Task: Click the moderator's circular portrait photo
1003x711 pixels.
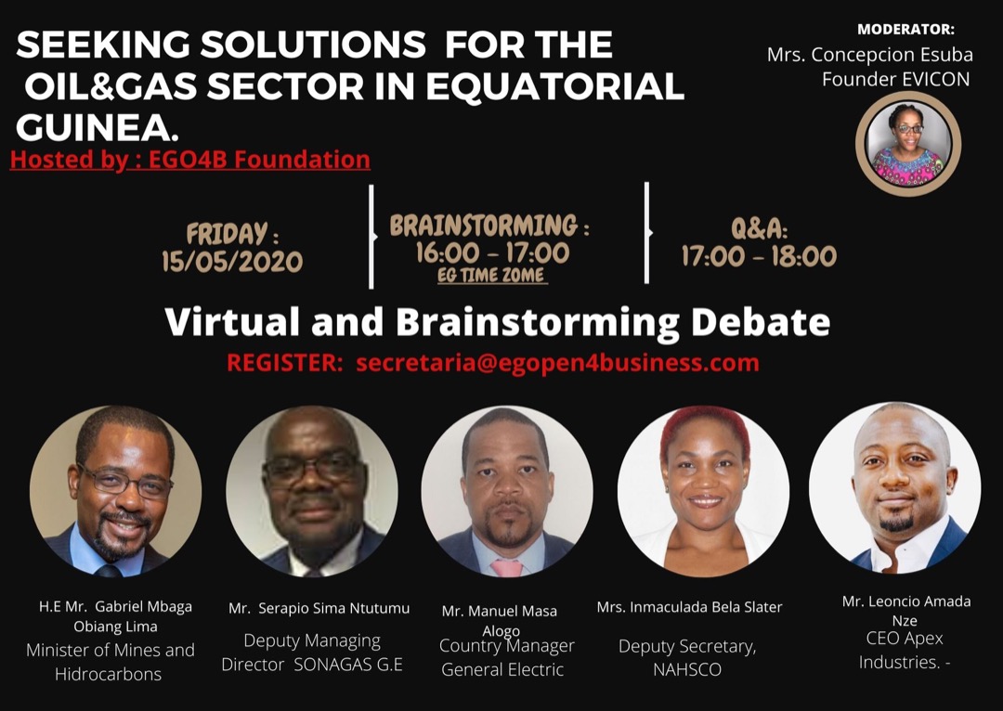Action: [907, 144]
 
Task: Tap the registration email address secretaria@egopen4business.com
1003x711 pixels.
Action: [557, 363]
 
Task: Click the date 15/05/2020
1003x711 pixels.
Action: [232, 262]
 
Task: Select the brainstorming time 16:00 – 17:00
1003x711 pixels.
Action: [492, 252]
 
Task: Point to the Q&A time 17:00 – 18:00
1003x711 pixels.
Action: [759, 256]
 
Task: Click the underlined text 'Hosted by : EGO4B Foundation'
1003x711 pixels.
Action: [190, 160]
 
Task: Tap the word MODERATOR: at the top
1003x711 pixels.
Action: [905, 29]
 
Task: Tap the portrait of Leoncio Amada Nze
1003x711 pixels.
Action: [894, 487]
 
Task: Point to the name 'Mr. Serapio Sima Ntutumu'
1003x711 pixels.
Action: [319, 609]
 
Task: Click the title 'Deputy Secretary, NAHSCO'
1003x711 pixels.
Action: [687, 657]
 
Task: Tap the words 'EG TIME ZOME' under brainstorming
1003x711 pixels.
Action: [492, 276]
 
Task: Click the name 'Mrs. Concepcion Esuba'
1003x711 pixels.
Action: [868, 55]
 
